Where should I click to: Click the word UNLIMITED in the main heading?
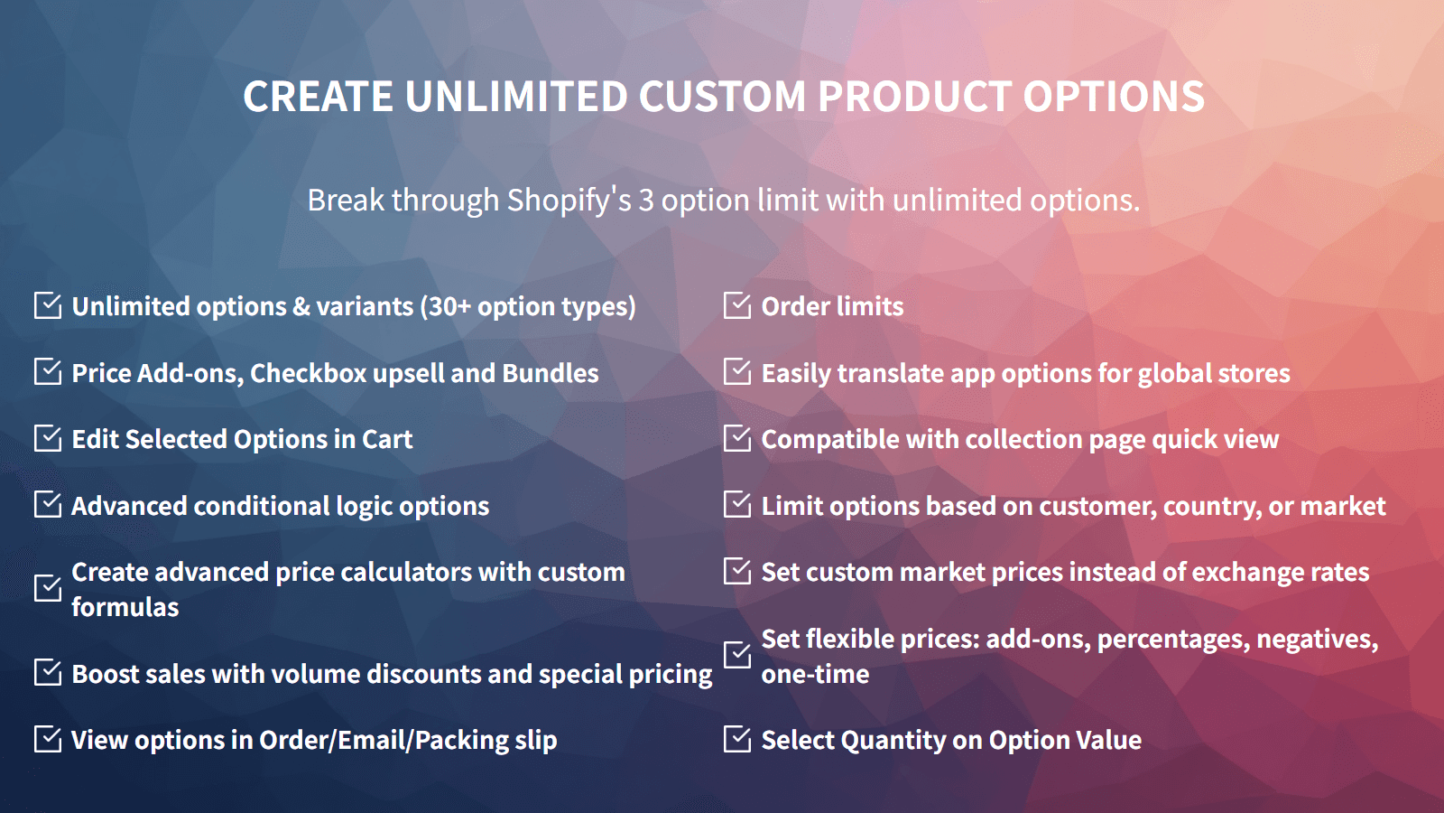coord(516,97)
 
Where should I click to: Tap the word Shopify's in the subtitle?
coord(569,200)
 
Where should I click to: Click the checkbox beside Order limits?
coord(737,305)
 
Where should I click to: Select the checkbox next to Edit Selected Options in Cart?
coord(48,438)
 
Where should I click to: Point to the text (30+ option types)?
coord(528,306)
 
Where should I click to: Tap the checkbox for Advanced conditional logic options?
coord(48,504)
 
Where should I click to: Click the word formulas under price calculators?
coord(125,607)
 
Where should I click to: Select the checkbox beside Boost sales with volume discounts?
coord(48,672)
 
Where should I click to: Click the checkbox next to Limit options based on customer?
coord(737,504)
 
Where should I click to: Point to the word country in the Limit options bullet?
coord(1210,506)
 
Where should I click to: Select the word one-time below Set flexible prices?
coord(815,674)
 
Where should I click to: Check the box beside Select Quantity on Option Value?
coord(737,739)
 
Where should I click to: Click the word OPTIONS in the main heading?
coord(1114,97)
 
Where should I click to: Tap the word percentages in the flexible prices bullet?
coord(1172,640)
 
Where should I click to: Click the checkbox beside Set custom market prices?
coord(737,571)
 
